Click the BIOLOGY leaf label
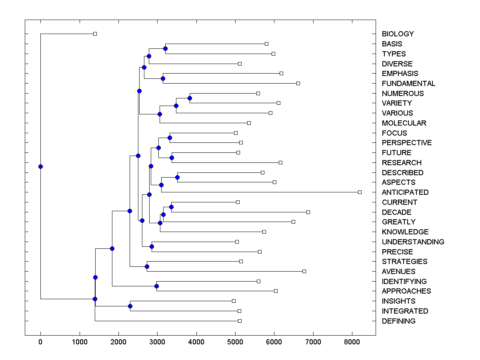point(398,34)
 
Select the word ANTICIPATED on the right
point(405,192)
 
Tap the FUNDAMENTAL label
point(408,84)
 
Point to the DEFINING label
point(398,321)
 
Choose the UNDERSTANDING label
point(413,242)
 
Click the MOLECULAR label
point(404,123)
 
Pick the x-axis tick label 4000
point(196,342)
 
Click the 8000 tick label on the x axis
point(352,342)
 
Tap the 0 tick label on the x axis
point(40,342)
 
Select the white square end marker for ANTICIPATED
point(360,192)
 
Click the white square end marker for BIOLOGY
point(95,34)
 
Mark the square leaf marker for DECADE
point(308,212)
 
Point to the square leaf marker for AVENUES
point(304,271)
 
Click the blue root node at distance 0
point(40,166)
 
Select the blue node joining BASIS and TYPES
point(165,49)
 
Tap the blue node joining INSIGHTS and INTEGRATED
point(130,306)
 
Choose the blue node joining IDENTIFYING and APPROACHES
point(156,286)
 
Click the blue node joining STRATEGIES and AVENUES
point(147,266)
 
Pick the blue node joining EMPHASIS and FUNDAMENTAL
point(163,78)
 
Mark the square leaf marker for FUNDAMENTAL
point(298,83)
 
